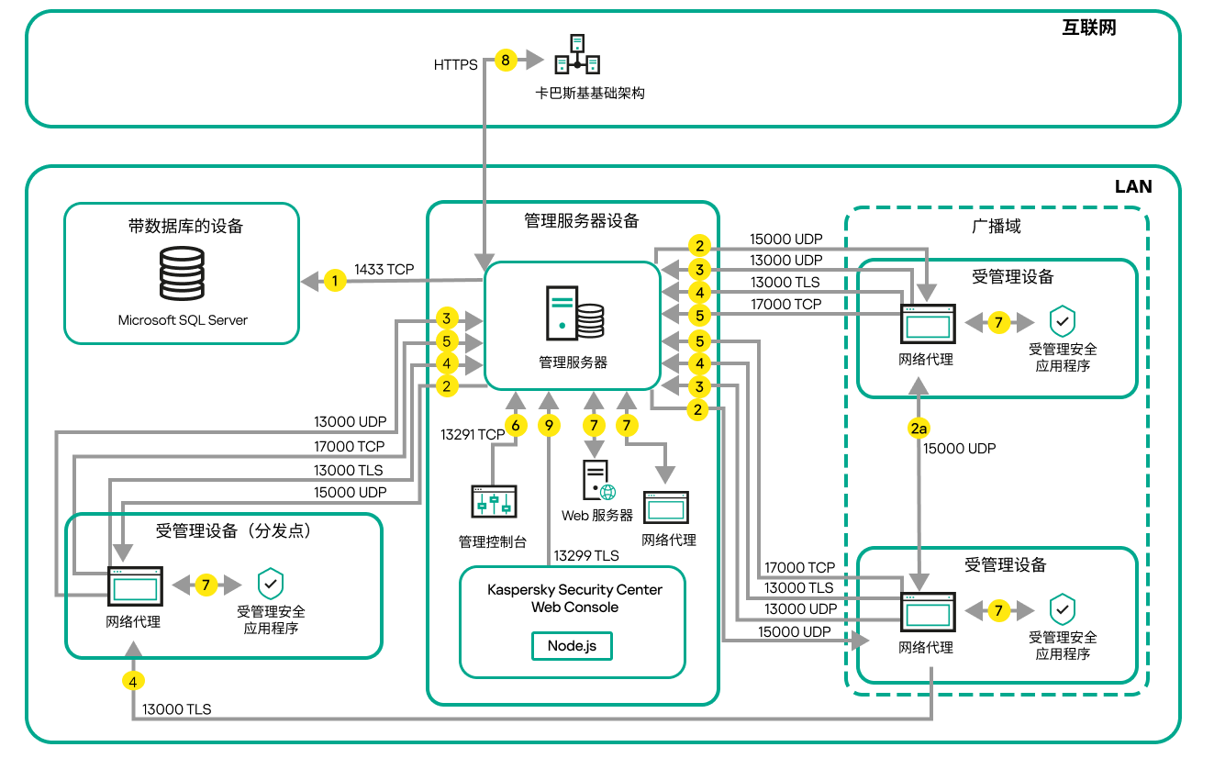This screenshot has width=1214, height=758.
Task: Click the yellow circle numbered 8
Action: [x=505, y=61]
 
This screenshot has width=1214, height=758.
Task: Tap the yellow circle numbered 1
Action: [x=336, y=281]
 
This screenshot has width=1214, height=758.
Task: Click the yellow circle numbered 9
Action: [x=549, y=425]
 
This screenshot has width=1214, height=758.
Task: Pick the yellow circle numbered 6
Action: [x=516, y=425]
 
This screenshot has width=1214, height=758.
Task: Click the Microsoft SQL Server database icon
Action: [x=183, y=273]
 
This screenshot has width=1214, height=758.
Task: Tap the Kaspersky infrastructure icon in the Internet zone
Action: [x=577, y=55]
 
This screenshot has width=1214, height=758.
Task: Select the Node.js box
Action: [x=572, y=645]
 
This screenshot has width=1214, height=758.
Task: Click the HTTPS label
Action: [x=455, y=65]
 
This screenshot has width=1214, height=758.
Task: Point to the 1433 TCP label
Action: [x=384, y=270]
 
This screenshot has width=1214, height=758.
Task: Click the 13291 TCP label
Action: [x=473, y=435]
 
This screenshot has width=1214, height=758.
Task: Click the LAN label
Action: [x=1133, y=186]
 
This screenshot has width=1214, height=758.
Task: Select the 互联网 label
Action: [x=1088, y=28]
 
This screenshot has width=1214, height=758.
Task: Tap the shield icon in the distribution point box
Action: [x=270, y=583]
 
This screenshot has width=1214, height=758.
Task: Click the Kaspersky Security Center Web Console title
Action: [x=574, y=598]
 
